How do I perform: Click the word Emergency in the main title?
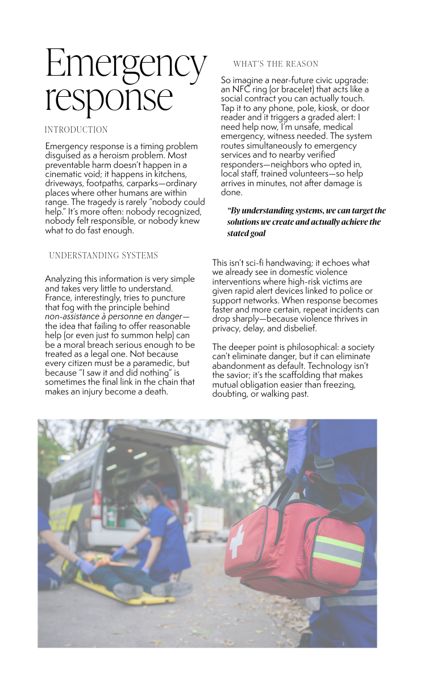click(x=126, y=64)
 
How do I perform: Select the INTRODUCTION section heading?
click(x=76, y=130)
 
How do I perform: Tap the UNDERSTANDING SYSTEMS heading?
click(x=103, y=256)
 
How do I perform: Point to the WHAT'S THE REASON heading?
click(x=276, y=64)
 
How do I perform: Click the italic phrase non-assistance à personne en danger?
click(x=117, y=316)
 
